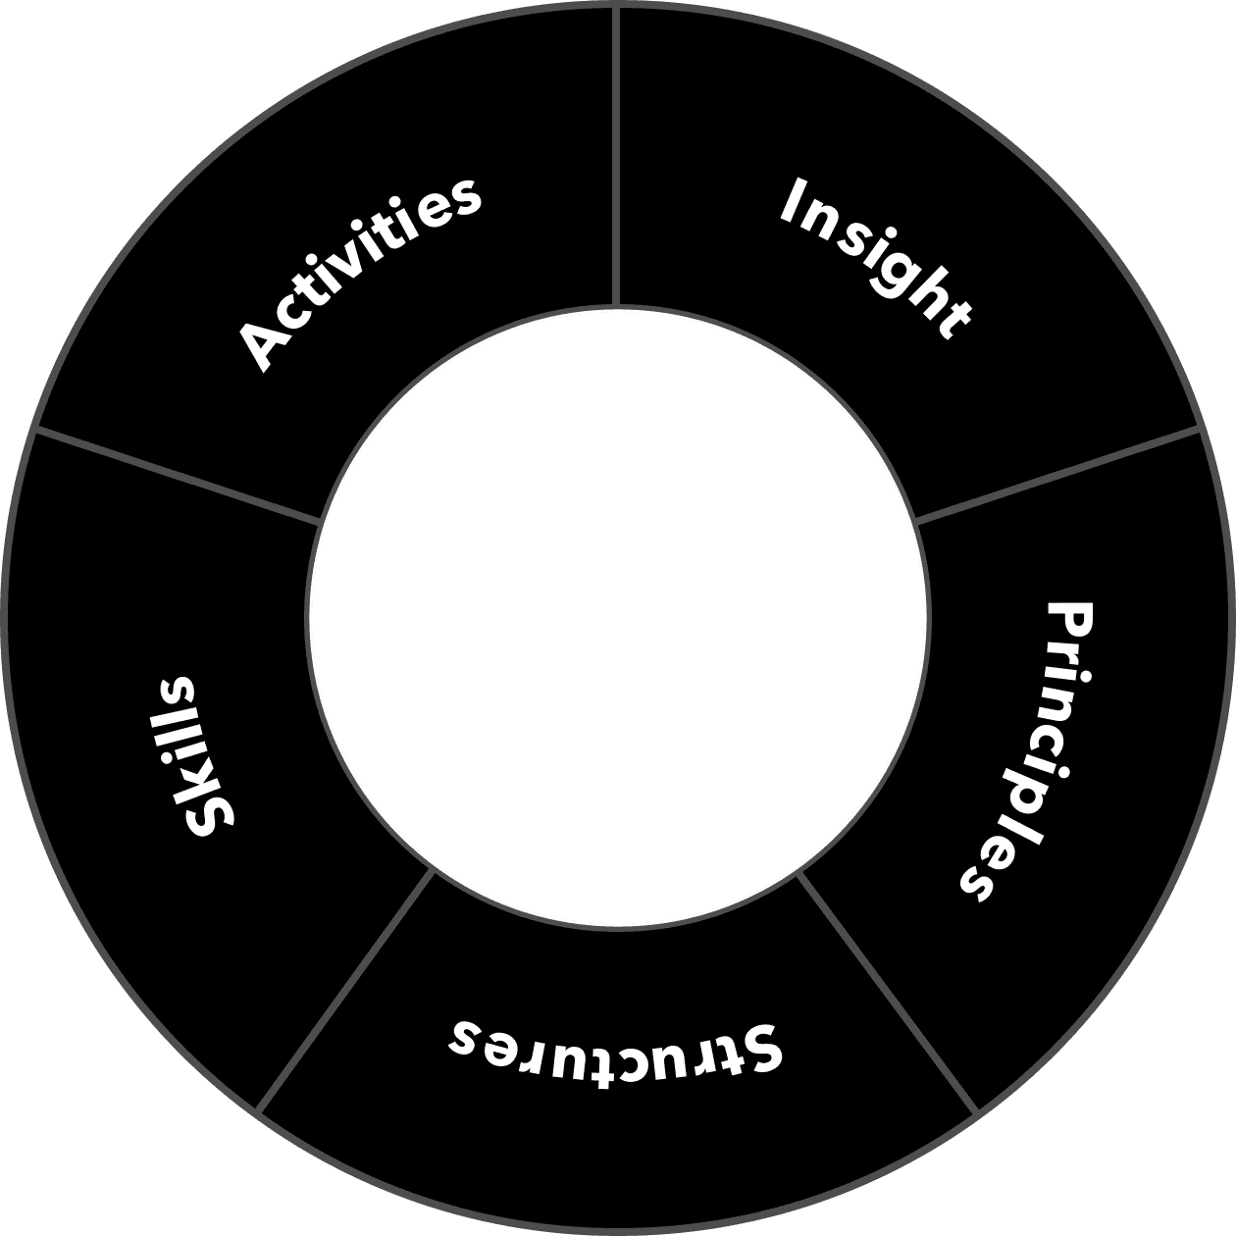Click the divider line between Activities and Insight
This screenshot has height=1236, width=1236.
616,157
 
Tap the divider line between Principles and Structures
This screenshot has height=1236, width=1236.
888,991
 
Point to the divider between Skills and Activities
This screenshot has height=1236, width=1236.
177,476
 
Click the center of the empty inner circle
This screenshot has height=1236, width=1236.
618,618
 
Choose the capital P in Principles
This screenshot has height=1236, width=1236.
1069,621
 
